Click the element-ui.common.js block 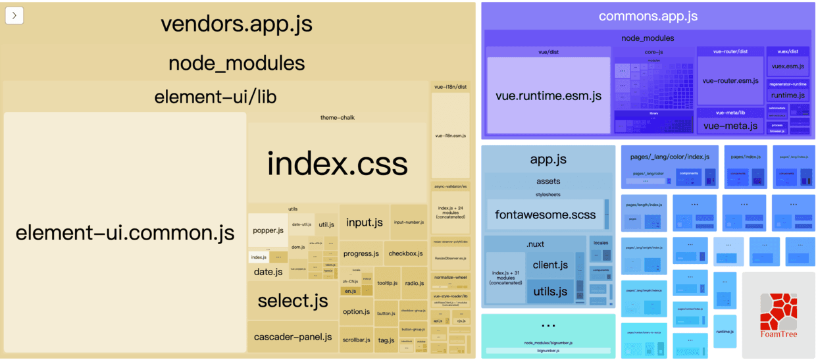[x=125, y=232]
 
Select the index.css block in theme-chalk [x=338, y=164]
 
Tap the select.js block [x=293, y=301]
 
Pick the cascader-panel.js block [x=293, y=336]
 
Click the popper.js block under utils [x=268, y=230]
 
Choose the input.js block [x=365, y=222]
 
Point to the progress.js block [x=361, y=253]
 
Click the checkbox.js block [x=405, y=253]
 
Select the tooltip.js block [x=388, y=283]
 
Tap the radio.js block [x=414, y=283]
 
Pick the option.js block [x=356, y=311]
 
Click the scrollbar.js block [x=356, y=340]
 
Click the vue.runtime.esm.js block [x=548, y=95]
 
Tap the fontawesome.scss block [x=546, y=215]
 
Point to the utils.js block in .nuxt [x=550, y=291]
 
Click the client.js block [x=550, y=265]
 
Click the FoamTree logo [x=778, y=316]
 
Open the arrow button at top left [x=14, y=15]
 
